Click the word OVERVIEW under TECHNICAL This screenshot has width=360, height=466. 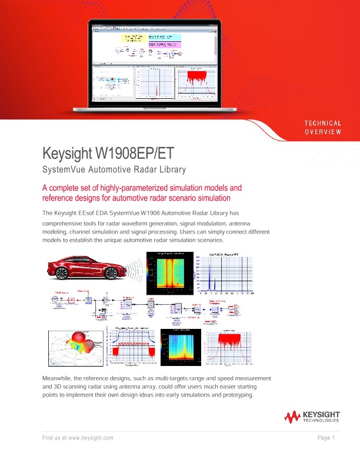322,131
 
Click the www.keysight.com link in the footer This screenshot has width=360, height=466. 91,438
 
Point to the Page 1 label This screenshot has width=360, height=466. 326,438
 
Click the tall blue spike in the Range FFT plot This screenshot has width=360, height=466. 206,274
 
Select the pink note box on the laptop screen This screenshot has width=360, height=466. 165,44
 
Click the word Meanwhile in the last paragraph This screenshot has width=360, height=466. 61,377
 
